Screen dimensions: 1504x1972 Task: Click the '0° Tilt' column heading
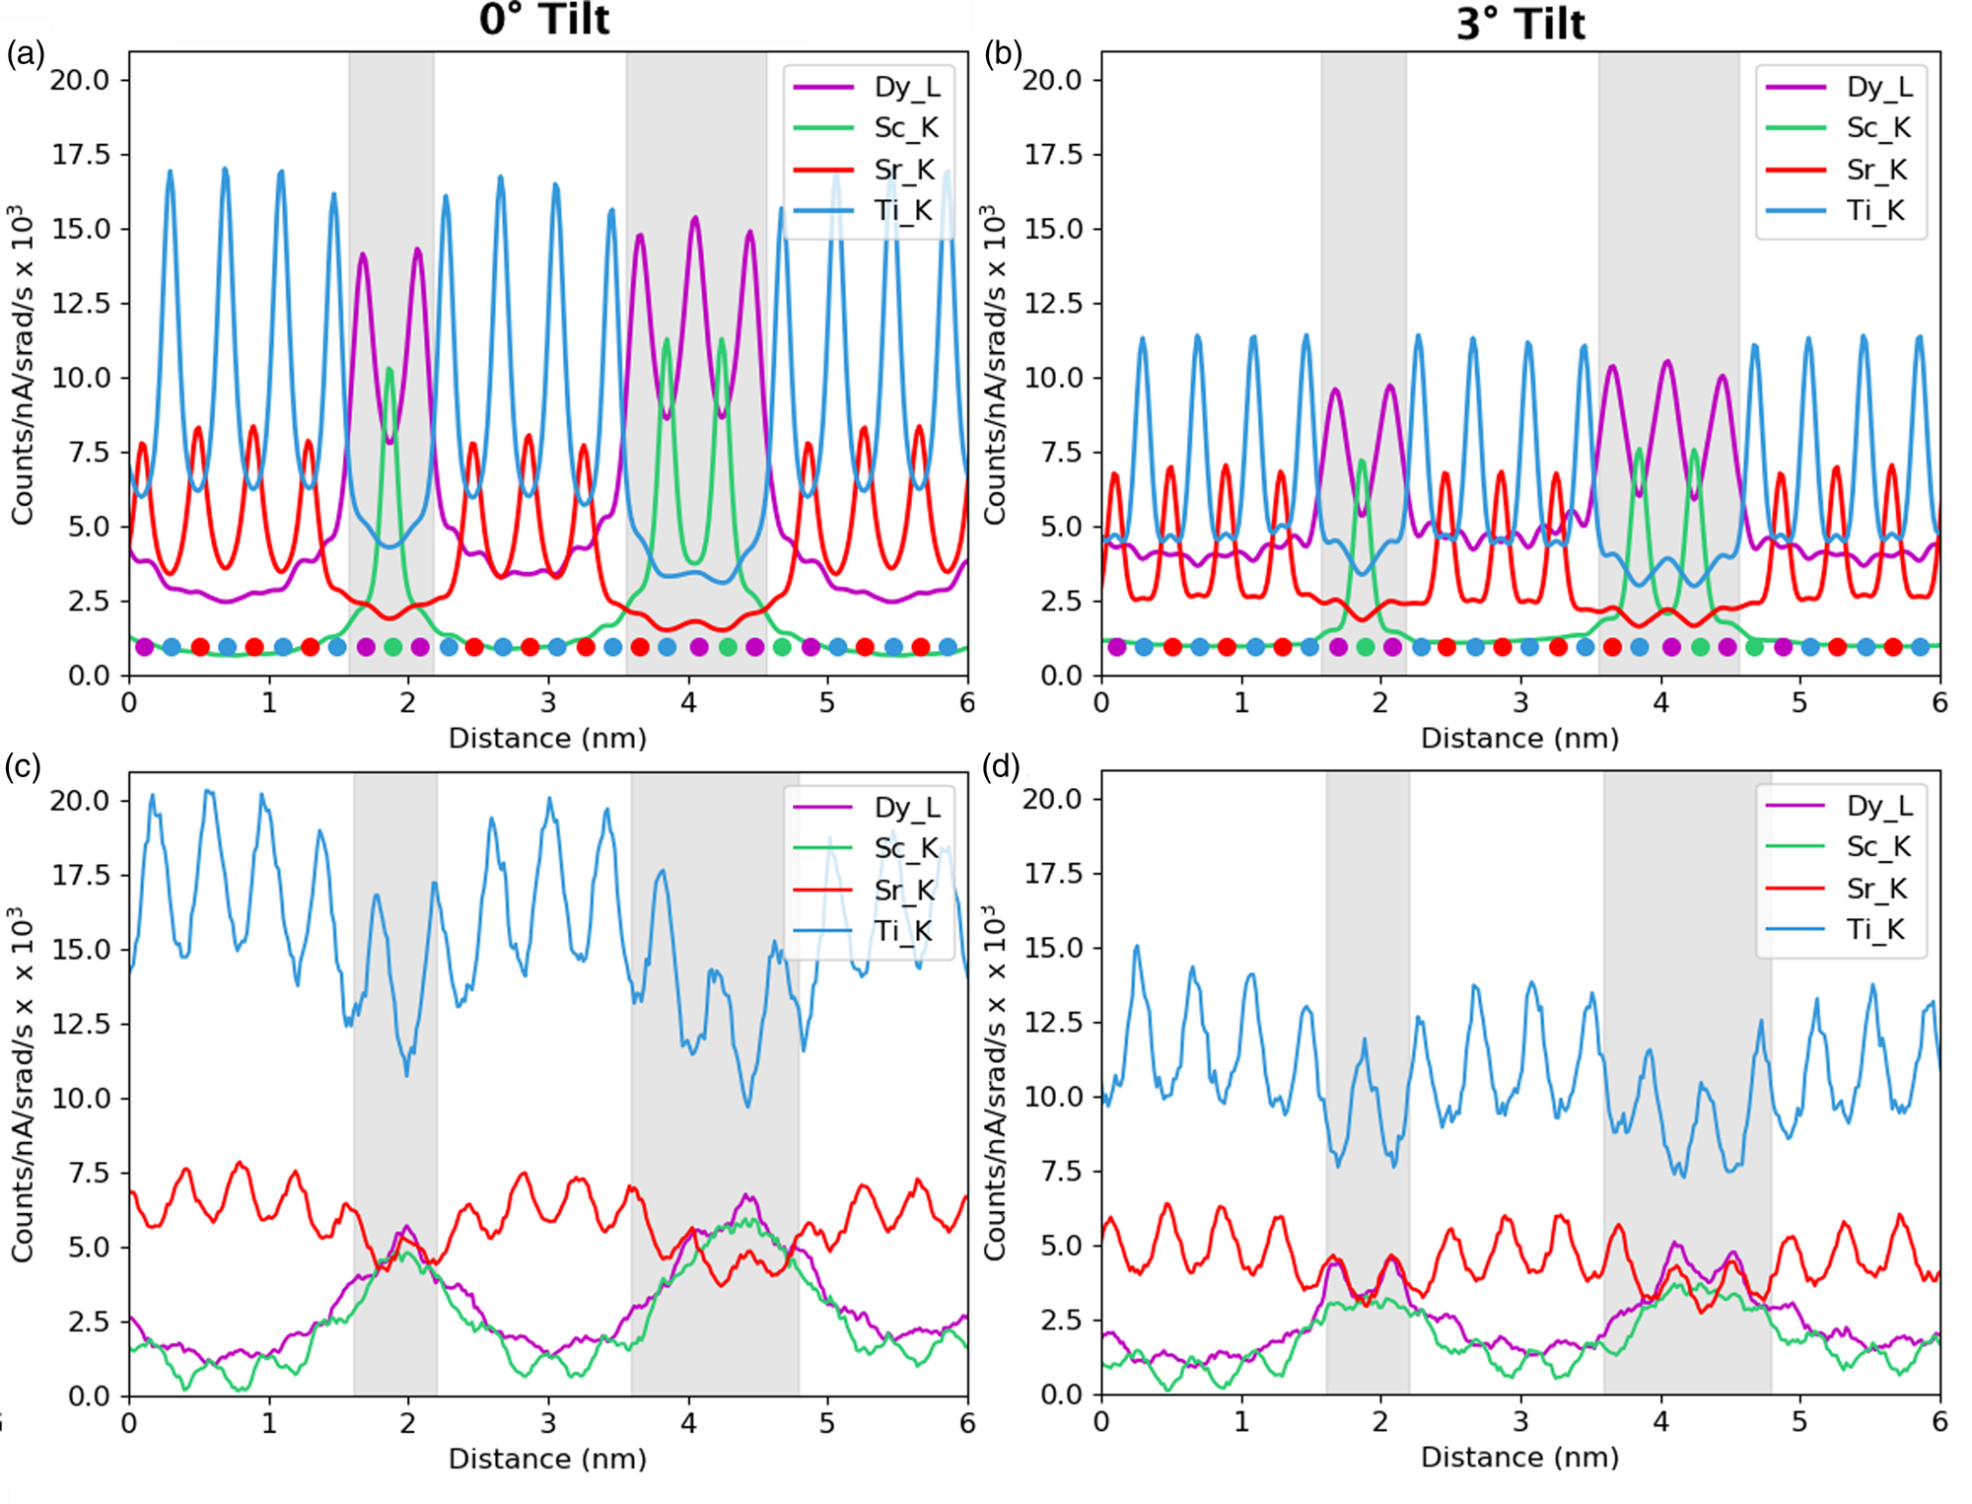(x=544, y=20)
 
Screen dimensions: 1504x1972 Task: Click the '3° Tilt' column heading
(x=1519, y=23)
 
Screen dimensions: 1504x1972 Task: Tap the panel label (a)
(x=25, y=53)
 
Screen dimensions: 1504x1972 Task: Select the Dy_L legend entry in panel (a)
(x=906, y=87)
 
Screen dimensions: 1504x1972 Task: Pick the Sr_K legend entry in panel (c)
(x=903, y=890)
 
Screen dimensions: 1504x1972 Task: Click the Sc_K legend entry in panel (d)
(x=1877, y=846)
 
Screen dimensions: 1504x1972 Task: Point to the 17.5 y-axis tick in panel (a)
(x=81, y=155)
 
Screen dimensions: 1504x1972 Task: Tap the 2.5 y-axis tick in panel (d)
(x=1060, y=1320)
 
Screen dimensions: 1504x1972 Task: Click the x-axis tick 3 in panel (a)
(x=548, y=702)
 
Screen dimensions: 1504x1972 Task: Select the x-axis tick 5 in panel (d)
(x=1799, y=1421)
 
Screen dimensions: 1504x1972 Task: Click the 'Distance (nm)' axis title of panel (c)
(x=547, y=1459)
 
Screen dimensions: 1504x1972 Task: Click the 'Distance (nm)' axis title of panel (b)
(x=1519, y=738)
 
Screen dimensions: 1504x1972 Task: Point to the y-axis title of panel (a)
(x=22, y=365)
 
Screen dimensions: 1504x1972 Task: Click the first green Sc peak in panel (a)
(x=389, y=370)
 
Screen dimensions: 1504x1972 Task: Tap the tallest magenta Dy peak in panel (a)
(x=695, y=218)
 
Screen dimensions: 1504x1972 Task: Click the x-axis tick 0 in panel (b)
(x=1101, y=702)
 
